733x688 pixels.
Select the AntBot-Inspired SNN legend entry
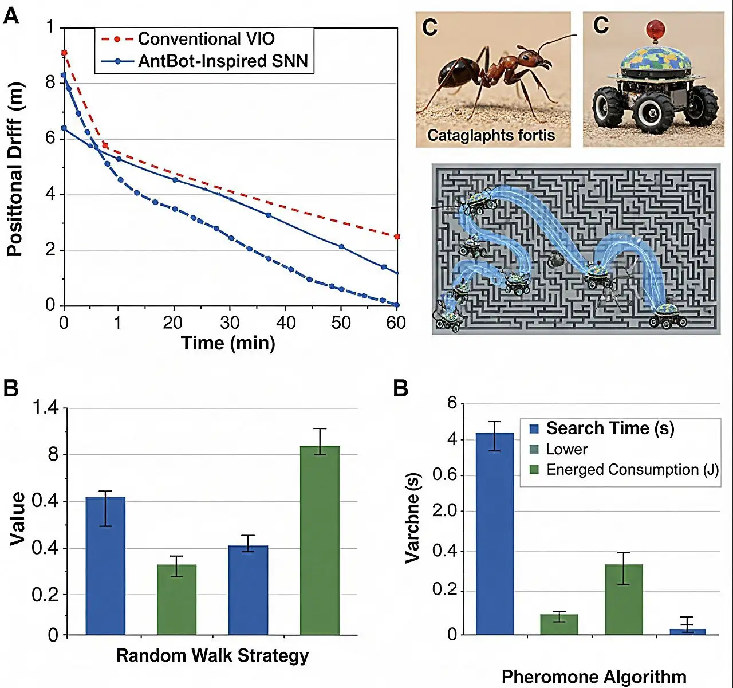[x=223, y=61]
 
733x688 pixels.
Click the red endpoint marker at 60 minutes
[x=397, y=237]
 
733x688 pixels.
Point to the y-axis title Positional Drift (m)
[x=15, y=170]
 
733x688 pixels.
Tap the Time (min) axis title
[x=228, y=343]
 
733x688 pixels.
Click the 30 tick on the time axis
[x=230, y=323]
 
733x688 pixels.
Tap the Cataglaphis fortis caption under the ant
[x=491, y=136]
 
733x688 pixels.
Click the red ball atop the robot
[x=655, y=29]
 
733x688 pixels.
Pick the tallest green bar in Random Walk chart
[x=320, y=540]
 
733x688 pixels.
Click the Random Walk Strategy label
[x=212, y=655]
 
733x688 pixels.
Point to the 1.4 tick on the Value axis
[x=45, y=408]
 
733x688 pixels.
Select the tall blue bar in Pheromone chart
[x=495, y=533]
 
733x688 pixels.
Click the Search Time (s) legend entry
[x=610, y=428]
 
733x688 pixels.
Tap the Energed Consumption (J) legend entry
[x=632, y=470]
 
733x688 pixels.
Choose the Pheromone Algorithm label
[x=594, y=677]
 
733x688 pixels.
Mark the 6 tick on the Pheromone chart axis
[x=452, y=403]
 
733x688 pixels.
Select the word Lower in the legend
[x=566, y=450]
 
